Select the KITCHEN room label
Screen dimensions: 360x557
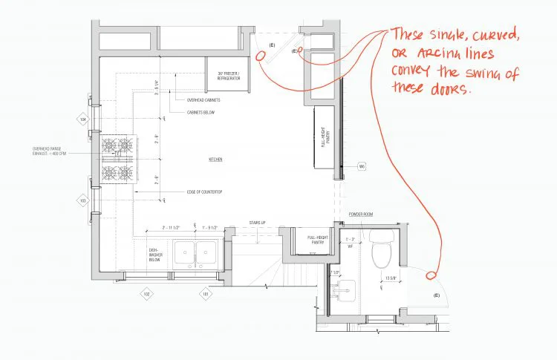pos(215,160)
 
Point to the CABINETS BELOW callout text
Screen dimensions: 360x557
pos(201,113)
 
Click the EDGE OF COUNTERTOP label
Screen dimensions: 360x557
pos(204,192)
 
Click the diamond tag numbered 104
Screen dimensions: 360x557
pos(83,119)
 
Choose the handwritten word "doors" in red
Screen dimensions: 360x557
pos(449,88)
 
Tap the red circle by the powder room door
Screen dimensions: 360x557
pos(430,277)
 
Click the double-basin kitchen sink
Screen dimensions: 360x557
pos(195,254)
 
